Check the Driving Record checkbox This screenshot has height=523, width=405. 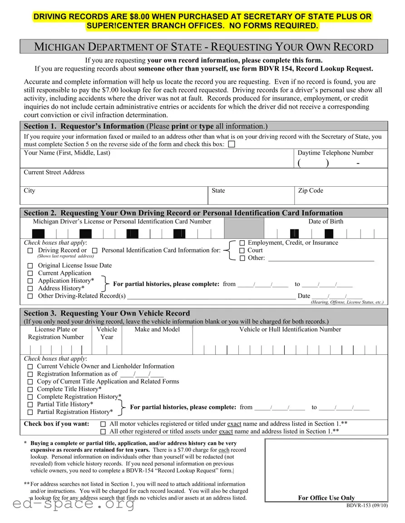30,251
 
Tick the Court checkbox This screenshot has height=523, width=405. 242,251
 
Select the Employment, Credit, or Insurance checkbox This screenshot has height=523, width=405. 242,243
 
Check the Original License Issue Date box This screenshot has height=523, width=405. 30,266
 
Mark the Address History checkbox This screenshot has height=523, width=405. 30,289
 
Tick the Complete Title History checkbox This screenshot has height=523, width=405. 30,390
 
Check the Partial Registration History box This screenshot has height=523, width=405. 30,412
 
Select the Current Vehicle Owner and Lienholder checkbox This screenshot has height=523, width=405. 30,367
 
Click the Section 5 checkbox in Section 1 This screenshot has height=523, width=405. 232,145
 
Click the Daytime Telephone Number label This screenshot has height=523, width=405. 335,153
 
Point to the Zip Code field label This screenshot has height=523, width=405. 311,191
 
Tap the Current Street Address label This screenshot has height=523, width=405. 54,172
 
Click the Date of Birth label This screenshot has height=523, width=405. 326,222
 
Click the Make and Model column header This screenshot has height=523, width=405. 157,329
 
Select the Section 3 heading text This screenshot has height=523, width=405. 107,313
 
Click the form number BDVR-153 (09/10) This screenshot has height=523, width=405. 367,506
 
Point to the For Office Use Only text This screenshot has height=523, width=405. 326,498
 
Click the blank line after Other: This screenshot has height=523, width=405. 321,259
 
